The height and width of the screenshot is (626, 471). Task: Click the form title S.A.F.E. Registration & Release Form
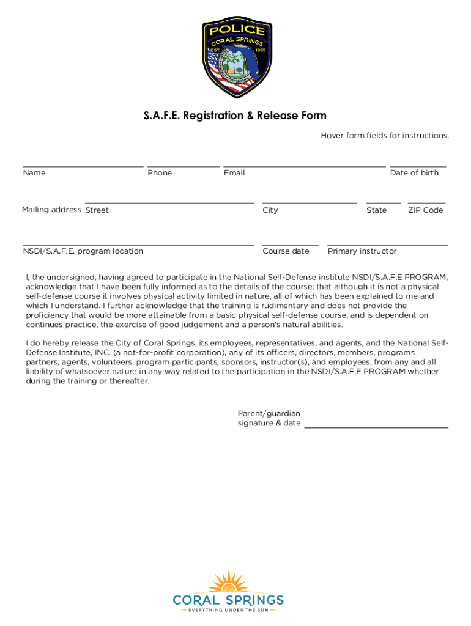[x=236, y=116]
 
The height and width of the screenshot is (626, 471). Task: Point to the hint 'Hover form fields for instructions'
[x=385, y=135]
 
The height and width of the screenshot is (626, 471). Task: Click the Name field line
[x=83, y=165]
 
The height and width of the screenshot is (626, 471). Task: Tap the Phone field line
[x=183, y=165]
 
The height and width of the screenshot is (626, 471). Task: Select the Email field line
[x=304, y=165]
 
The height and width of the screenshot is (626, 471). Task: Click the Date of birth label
[x=414, y=173]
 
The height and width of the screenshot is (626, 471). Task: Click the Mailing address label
[x=51, y=210]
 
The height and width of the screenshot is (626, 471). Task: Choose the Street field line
[x=169, y=202]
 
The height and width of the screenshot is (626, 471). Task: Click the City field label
[x=270, y=210]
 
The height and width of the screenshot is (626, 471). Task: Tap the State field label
[x=376, y=210]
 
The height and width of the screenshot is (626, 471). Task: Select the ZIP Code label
[x=425, y=210]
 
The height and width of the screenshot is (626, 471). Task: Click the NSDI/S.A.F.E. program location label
[x=83, y=251]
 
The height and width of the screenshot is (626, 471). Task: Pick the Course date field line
[x=290, y=245]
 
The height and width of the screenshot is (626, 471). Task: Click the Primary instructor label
[x=362, y=251]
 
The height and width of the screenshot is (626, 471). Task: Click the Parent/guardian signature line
[x=376, y=427]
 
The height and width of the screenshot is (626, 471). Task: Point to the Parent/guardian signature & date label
[x=269, y=419]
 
